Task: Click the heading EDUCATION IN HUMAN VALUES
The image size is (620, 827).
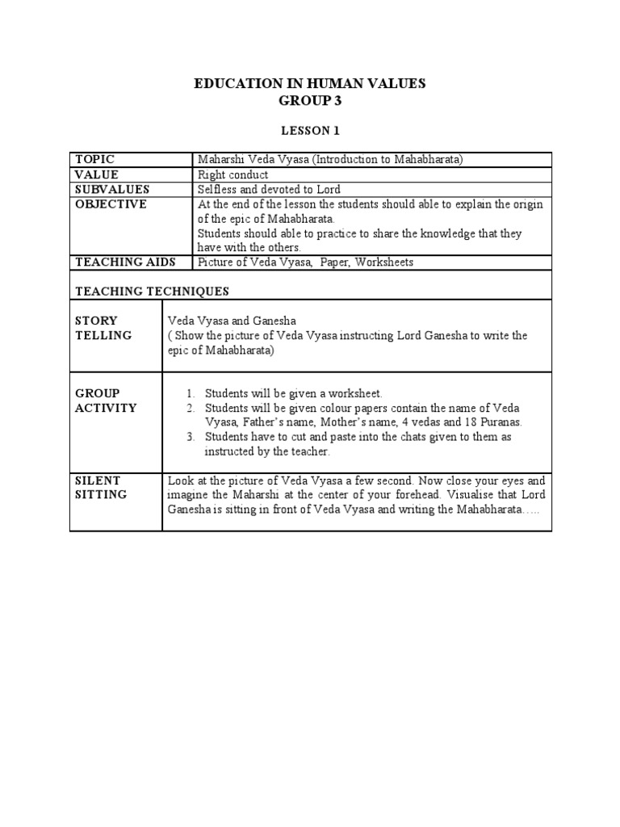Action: click(310, 83)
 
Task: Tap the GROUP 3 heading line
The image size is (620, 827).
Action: click(310, 100)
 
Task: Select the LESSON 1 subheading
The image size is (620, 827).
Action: click(310, 129)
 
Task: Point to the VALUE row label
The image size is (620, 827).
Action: click(96, 174)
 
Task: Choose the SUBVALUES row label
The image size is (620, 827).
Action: click(112, 189)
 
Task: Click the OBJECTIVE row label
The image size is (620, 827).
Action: click(111, 204)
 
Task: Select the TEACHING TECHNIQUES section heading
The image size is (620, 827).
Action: click(152, 291)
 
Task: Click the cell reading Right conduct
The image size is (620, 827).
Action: click(233, 174)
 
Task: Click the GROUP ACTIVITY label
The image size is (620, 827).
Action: click(106, 401)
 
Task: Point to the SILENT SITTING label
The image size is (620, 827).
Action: click(101, 487)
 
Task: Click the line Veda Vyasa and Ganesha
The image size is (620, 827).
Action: click(232, 321)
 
